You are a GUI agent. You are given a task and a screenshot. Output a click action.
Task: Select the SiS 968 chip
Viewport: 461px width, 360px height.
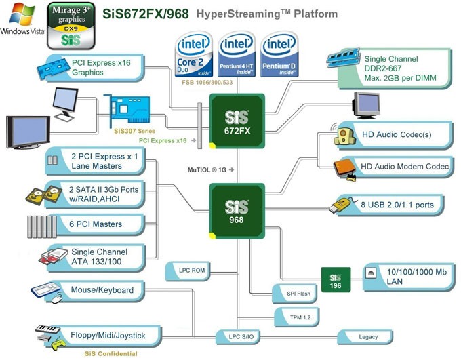coord(237,212)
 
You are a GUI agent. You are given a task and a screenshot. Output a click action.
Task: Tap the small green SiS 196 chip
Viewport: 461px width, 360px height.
coord(336,279)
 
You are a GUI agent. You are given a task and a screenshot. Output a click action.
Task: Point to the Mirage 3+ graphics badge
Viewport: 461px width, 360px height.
coord(70,25)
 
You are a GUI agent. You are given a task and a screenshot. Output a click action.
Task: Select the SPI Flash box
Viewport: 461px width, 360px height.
coord(292,294)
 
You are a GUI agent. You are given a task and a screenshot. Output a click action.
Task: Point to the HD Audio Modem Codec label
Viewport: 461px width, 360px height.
coord(404,167)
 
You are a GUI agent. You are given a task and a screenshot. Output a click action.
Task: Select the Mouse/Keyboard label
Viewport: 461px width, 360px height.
coord(102,291)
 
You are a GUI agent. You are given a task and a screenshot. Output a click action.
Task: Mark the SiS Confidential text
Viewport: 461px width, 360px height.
coord(111,353)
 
